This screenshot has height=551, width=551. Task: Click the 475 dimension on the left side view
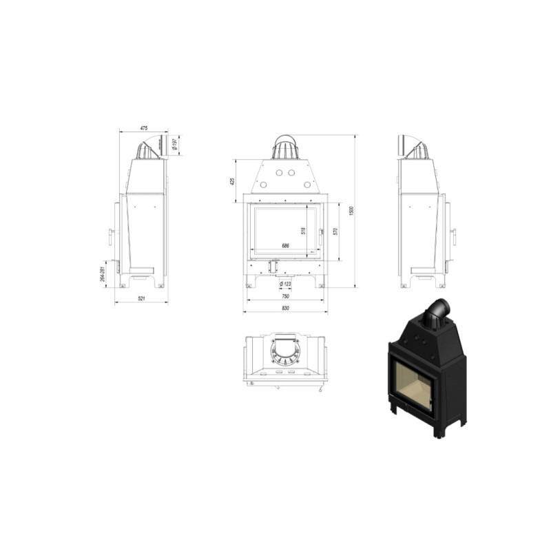click(144, 128)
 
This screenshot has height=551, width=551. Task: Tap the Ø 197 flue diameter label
click(176, 144)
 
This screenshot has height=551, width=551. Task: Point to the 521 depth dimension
click(141, 298)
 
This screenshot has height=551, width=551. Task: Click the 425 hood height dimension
click(233, 181)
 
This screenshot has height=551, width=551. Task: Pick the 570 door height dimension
click(335, 231)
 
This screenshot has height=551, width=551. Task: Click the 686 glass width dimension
click(284, 245)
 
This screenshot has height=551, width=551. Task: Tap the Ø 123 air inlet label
click(286, 284)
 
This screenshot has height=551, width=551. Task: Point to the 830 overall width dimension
click(285, 307)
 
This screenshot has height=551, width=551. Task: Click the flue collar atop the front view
click(285, 145)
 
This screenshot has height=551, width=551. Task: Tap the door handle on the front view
click(322, 235)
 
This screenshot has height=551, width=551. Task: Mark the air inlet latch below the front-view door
click(273, 264)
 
